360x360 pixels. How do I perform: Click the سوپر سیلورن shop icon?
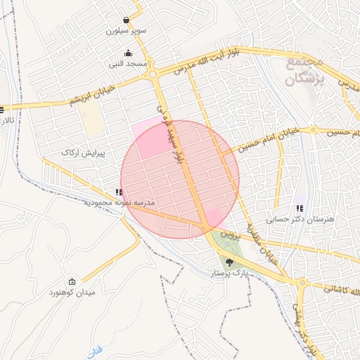point(126,20)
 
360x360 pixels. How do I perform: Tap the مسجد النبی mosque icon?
point(128,53)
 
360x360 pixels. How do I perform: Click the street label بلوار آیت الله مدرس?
point(212,63)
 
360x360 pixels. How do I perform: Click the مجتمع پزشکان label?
point(305,72)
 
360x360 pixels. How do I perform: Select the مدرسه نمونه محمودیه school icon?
point(119,192)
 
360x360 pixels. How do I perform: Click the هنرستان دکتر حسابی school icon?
point(301,208)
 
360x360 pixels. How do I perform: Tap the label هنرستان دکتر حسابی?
point(302,219)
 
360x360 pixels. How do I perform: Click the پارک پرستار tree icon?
point(229,261)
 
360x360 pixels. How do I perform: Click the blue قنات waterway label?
point(96,349)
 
